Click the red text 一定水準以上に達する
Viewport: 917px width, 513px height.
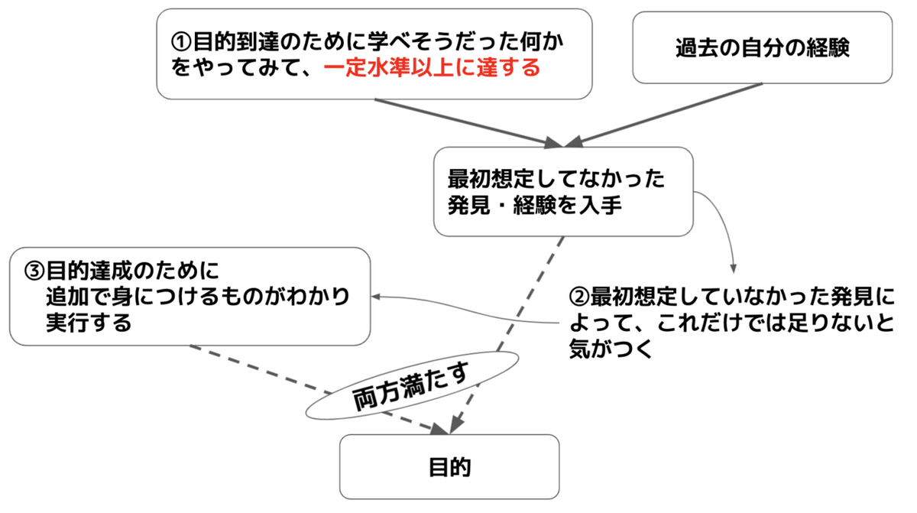(x=432, y=68)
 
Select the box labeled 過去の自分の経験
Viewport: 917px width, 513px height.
(x=762, y=47)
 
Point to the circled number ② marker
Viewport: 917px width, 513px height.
(x=579, y=296)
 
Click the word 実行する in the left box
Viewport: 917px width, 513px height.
(x=89, y=322)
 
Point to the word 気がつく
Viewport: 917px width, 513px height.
(x=609, y=349)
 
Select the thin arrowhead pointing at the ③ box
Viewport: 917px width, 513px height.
(x=377, y=297)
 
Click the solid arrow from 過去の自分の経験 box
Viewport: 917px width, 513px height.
(x=672, y=112)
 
